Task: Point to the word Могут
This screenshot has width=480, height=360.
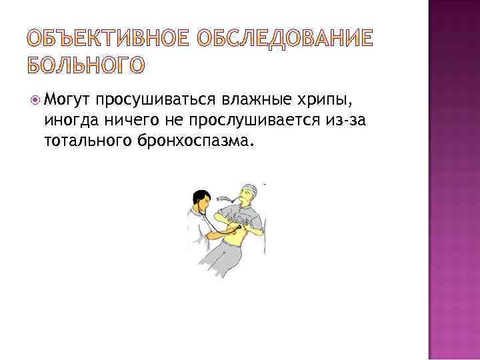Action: [67, 101]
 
